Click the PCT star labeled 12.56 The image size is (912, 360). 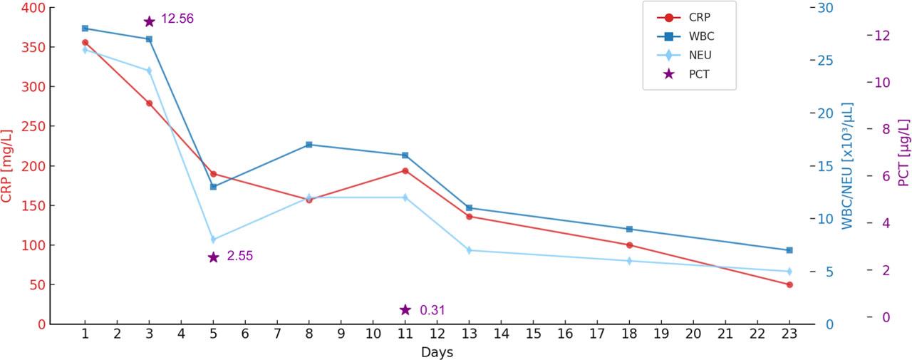point(149,21)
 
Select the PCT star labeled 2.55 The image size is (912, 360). point(213,257)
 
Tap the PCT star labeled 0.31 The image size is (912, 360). point(405,309)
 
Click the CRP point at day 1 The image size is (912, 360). point(85,42)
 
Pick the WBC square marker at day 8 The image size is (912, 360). point(309,145)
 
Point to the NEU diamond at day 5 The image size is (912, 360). point(213,240)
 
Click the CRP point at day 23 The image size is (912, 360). point(789,284)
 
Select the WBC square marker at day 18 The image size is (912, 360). point(629,229)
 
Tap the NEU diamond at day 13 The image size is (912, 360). point(469,250)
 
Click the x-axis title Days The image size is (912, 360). point(437,352)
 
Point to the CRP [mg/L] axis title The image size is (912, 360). point(7,166)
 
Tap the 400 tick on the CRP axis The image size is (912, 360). point(34,8)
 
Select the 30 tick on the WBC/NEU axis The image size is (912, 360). point(825,8)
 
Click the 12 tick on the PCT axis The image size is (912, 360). point(882,35)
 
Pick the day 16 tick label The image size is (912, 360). point(565,334)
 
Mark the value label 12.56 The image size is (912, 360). point(177,19)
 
